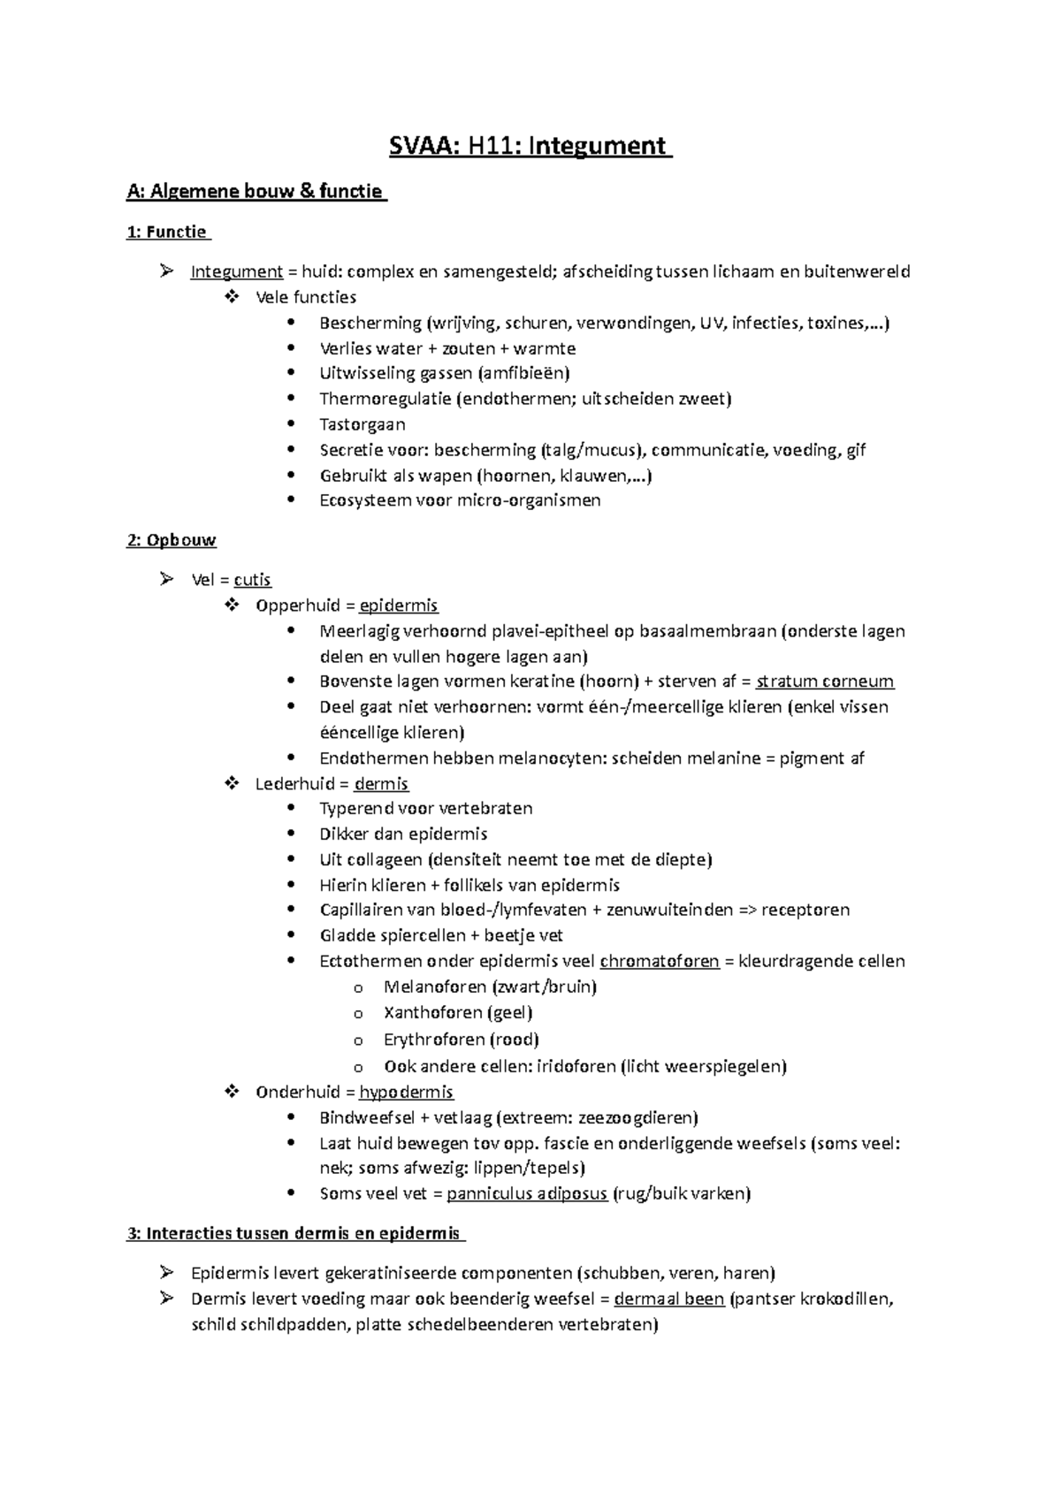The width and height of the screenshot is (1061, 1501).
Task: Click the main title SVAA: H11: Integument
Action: [x=530, y=145]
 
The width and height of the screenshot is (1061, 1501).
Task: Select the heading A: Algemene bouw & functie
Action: [x=256, y=191]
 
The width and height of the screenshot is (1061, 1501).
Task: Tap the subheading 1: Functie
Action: [x=169, y=232]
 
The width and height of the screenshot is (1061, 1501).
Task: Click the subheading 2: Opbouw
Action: [x=172, y=540]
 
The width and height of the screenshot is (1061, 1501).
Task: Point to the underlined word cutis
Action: [x=252, y=580]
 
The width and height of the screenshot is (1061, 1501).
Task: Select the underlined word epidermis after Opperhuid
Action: [x=399, y=606]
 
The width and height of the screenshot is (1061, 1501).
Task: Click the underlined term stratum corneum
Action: [x=825, y=682]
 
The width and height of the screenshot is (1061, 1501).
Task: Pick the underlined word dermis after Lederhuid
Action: [x=381, y=784]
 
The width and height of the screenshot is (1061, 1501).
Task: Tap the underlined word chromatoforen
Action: [x=659, y=961]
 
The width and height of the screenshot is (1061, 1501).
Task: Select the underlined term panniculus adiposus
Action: [x=527, y=1193]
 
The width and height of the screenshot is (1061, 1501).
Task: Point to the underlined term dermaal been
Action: [x=669, y=1299]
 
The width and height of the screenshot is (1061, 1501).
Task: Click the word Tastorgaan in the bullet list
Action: [x=363, y=424]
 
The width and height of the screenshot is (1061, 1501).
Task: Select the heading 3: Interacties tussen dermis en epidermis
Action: [x=295, y=1233]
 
